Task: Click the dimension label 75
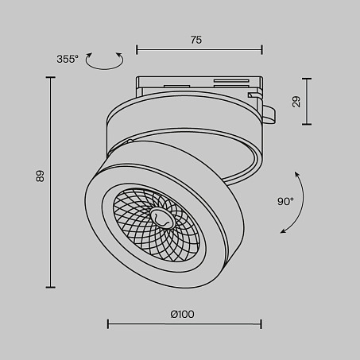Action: [196, 40]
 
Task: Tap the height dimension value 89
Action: [40, 176]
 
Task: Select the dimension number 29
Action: [296, 102]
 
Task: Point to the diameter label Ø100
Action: [182, 314]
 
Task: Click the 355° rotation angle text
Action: [68, 59]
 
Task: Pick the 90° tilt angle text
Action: [285, 202]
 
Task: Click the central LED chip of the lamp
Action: [161, 218]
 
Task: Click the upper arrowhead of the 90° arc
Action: [296, 174]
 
